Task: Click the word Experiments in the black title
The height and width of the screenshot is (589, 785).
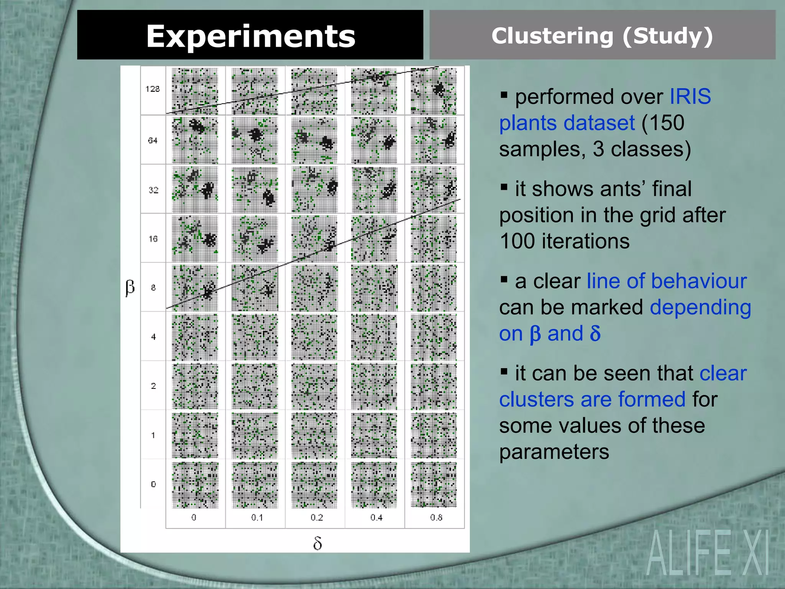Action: tap(251, 36)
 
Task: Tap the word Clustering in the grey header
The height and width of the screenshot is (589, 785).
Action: tap(552, 36)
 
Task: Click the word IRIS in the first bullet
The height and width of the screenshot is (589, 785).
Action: tap(690, 96)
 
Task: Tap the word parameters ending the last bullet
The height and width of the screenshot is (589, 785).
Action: tap(554, 452)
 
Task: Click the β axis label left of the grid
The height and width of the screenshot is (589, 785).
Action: tap(130, 287)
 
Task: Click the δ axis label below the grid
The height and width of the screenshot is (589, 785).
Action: tap(317, 543)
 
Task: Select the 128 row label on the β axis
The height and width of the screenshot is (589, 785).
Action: tap(153, 89)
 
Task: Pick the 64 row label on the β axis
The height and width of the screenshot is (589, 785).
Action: tap(153, 140)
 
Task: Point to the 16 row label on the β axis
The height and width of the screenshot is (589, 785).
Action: tap(153, 239)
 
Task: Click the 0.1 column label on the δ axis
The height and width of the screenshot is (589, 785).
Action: tap(257, 518)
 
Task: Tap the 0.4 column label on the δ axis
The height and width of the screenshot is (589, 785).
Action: tap(376, 518)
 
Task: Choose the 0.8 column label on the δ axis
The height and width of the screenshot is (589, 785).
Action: tap(436, 518)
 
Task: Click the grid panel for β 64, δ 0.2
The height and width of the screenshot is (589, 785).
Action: tap(315, 140)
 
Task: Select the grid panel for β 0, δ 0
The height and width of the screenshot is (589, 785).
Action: tap(195, 485)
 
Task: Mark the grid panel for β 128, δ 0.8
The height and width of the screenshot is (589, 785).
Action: tap(434, 91)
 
